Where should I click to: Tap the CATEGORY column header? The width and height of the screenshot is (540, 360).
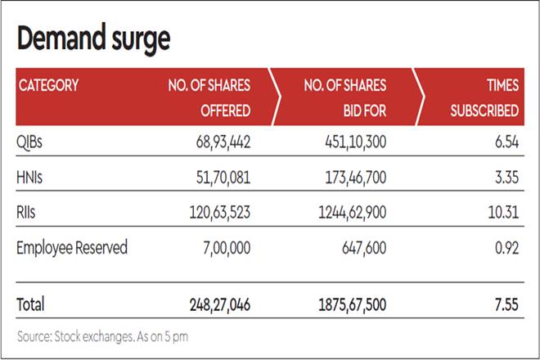(48, 85)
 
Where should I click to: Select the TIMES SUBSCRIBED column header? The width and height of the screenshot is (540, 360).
(484, 97)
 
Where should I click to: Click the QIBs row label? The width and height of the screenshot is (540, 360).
(29, 142)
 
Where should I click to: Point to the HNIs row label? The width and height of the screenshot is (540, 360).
(30, 177)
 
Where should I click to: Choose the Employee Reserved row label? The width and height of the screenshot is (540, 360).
(72, 247)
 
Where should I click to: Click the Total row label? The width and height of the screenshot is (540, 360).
(31, 304)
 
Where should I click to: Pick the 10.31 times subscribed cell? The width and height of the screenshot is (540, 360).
(501, 212)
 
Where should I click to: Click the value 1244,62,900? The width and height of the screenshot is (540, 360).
(347, 212)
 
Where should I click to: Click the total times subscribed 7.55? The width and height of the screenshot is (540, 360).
(503, 304)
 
